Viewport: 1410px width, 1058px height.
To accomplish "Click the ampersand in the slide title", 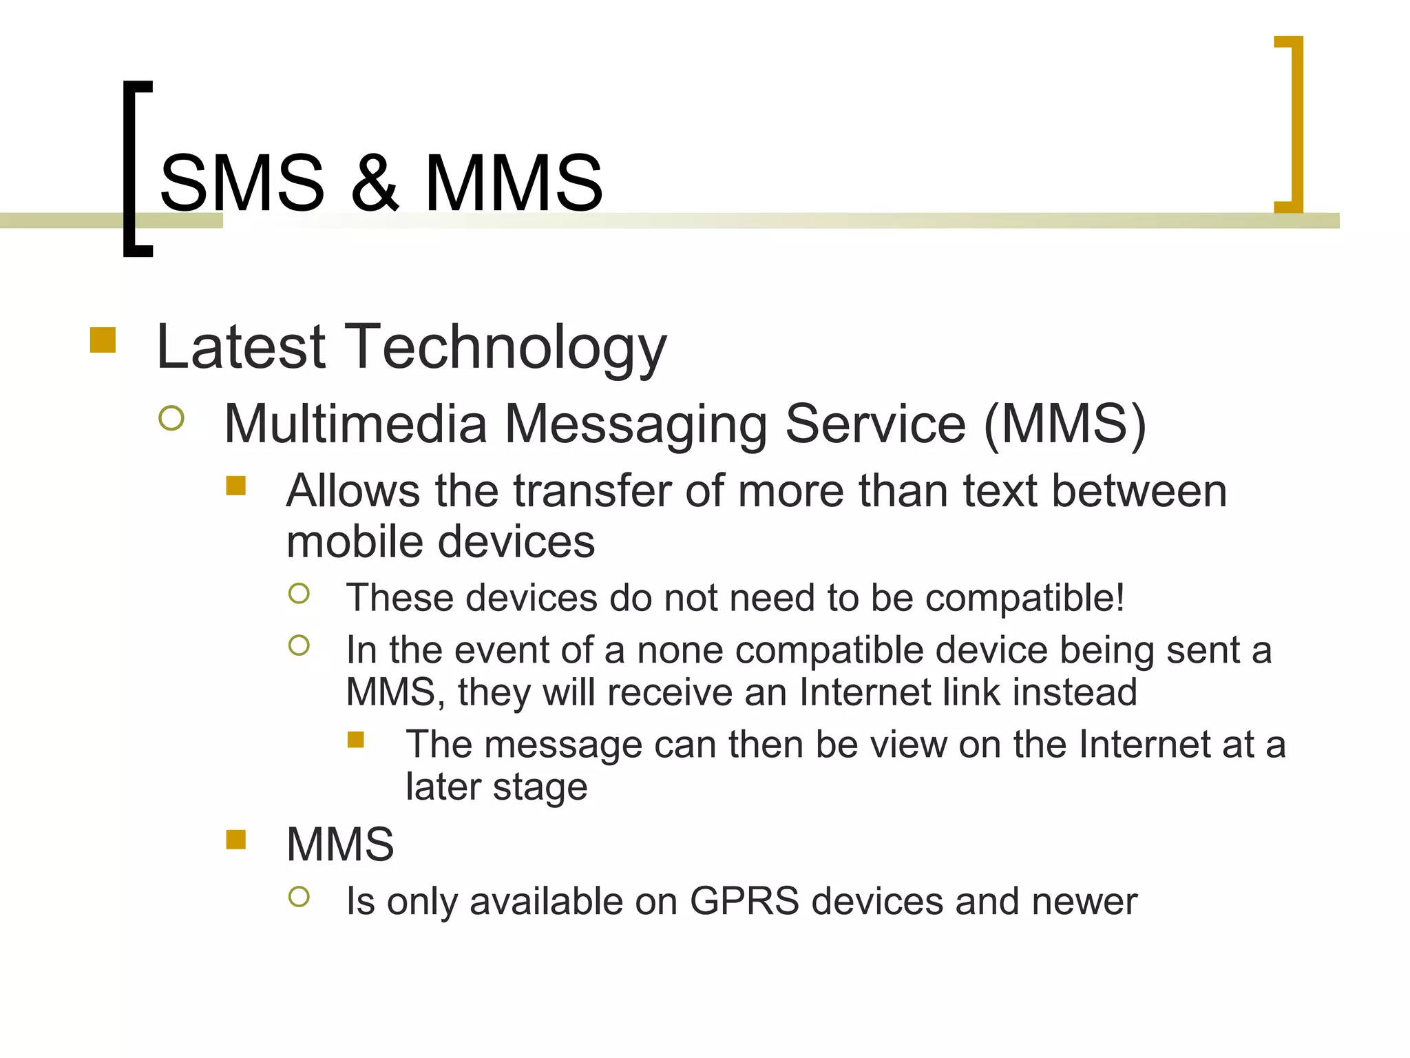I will click(x=375, y=183).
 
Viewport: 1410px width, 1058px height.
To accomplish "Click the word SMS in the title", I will click(x=242, y=183).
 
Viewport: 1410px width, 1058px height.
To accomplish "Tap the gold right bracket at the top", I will click(x=1294, y=124).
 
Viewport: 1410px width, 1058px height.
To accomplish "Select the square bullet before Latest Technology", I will click(x=103, y=340).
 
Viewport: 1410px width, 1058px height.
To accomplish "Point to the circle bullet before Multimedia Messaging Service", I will click(x=171, y=418).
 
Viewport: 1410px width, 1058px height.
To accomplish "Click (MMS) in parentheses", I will click(x=1064, y=424).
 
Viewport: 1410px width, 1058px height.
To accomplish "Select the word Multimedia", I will click(x=355, y=424).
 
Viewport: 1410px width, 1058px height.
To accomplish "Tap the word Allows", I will click(x=352, y=491).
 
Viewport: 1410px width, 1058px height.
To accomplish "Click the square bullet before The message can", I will click(x=355, y=740).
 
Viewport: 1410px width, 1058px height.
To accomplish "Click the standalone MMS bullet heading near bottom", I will click(x=340, y=844).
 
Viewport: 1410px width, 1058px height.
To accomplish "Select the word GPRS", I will click(x=744, y=902).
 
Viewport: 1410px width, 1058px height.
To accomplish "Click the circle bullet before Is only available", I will click(x=299, y=896).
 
